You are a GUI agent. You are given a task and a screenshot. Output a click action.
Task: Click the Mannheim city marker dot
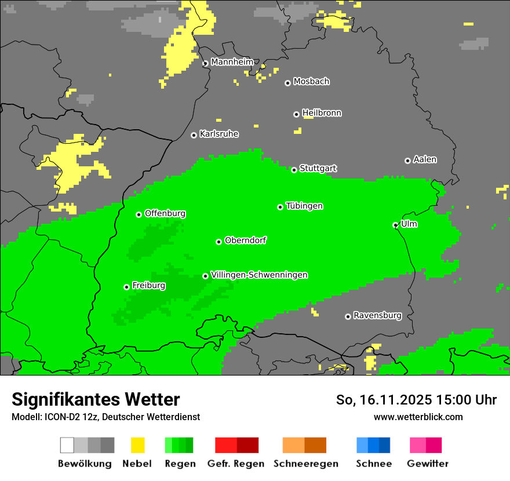(x=205, y=64)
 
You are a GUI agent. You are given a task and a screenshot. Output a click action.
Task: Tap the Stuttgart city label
(x=318, y=169)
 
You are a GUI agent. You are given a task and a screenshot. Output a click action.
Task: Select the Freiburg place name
(x=149, y=286)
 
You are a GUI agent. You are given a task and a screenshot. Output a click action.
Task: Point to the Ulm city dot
(x=395, y=225)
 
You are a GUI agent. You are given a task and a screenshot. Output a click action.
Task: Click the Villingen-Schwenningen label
(x=259, y=275)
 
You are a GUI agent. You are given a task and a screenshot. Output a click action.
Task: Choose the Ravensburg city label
(x=377, y=316)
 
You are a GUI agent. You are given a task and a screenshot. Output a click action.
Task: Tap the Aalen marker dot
(x=407, y=161)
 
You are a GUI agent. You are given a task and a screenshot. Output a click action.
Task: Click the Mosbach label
(x=311, y=82)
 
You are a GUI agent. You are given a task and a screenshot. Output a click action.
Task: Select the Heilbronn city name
(x=322, y=113)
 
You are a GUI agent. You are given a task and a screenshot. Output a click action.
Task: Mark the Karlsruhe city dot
(x=194, y=135)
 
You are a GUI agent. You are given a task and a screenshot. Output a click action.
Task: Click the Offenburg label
(x=165, y=213)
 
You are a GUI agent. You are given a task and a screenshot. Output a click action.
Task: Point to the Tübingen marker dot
(x=280, y=207)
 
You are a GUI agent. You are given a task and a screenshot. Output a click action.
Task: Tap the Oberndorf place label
(x=246, y=240)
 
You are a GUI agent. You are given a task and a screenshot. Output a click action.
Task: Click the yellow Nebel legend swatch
(x=137, y=445)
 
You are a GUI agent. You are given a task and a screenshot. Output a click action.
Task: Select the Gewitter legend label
(x=428, y=464)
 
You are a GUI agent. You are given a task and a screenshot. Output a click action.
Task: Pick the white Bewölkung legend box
(x=67, y=445)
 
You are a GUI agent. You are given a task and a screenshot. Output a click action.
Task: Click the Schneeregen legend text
(x=306, y=464)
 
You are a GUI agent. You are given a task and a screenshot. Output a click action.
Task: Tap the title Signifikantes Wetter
(x=96, y=399)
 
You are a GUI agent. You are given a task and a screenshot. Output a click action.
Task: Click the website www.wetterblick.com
(x=418, y=417)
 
